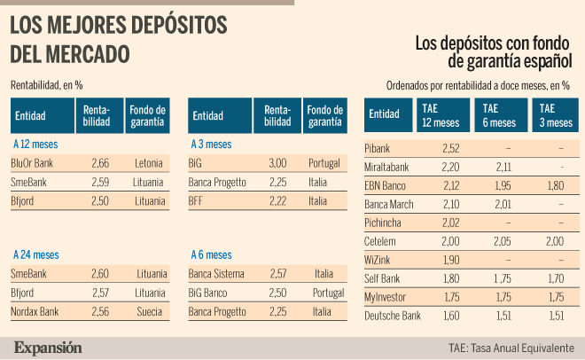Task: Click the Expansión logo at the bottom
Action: point(48,348)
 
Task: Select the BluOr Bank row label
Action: point(32,163)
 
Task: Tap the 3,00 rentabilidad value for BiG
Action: point(277,163)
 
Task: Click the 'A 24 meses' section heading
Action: point(36,254)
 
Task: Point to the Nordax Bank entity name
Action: point(35,311)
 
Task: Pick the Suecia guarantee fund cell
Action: point(149,311)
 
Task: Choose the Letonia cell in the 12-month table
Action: point(149,163)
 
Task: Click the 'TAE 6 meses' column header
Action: point(501,115)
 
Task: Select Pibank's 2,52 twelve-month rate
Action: point(450,148)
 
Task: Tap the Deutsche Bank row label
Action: point(393,316)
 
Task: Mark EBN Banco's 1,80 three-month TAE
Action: point(556,186)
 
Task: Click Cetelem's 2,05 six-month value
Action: point(503,241)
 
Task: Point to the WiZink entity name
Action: point(378,260)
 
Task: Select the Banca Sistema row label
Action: point(216,274)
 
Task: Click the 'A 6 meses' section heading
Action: point(211,254)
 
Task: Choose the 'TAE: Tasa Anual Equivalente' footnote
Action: point(511,348)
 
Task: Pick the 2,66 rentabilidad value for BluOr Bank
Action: point(100,163)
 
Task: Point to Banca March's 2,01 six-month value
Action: point(503,205)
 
